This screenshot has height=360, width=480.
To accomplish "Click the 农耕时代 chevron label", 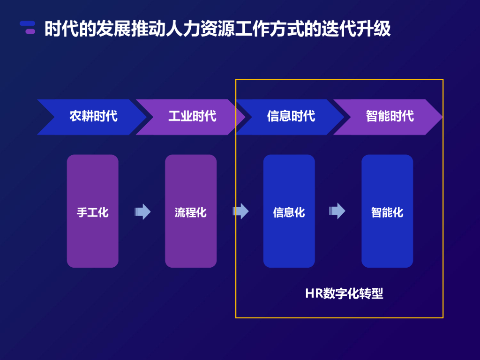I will tap(94, 116).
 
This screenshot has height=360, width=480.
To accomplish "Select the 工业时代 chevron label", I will tap(192, 116).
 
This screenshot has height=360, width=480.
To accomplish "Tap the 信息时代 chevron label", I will tap(291, 116).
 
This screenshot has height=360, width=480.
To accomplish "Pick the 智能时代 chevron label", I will tap(390, 116).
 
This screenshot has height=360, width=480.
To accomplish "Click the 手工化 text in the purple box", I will tap(93, 212).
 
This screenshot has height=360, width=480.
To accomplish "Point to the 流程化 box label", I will tap(191, 212).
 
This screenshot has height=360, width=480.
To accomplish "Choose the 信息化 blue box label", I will tap(289, 212).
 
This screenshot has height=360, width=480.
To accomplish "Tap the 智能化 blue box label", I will tap(387, 212).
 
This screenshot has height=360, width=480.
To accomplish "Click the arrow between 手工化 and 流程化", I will tap(142, 211).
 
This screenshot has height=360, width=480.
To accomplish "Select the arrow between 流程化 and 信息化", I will tap(240, 211).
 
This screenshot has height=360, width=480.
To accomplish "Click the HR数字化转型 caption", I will tap(344, 294).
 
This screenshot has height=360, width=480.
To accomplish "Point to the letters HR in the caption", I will tap(312, 294).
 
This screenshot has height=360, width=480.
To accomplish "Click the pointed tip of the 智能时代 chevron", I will tap(441, 117).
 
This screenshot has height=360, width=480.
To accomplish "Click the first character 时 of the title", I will tap(53, 29).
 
